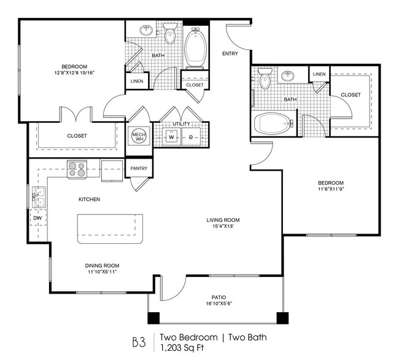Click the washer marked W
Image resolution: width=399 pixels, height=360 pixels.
click(x=171, y=137)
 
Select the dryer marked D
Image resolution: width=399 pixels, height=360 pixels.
click(x=191, y=137)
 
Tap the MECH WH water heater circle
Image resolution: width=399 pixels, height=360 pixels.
click(x=139, y=136)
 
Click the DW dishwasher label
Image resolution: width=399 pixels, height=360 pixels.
click(x=37, y=218)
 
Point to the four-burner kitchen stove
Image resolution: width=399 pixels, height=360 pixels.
click(x=77, y=170)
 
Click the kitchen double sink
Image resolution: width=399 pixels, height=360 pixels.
click(x=39, y=197)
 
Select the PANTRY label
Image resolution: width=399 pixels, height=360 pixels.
click(x=139, y=168)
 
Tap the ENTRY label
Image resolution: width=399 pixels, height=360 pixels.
click(x=230, y=53)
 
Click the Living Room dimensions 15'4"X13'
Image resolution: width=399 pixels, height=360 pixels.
click(x=223, y=226)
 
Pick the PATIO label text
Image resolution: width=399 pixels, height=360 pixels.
click(x=219, y=297)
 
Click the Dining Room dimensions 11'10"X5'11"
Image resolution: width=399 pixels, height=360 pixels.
click(x=102, y=272)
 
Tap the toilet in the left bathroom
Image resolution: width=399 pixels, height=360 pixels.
click(x=170, y=33)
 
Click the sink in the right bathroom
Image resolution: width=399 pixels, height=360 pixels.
click(x=288, y=76)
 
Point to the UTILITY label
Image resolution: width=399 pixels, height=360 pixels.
click(x=182, y=123)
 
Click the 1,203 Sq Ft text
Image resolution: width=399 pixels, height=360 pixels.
click(x=182, y=348)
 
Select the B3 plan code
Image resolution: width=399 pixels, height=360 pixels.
click(x=139, y=342)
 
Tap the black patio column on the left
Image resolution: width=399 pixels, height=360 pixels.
click(x=153, y=318)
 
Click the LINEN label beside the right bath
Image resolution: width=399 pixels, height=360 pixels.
click(x=319, y=74)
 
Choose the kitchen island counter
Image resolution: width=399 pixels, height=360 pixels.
click(x=110, y=229)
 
